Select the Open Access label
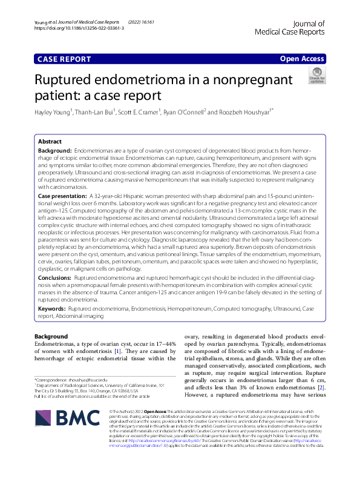[x=302, y=59]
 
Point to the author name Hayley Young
[x=53, y=112]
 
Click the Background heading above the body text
[x=51, y=336]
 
